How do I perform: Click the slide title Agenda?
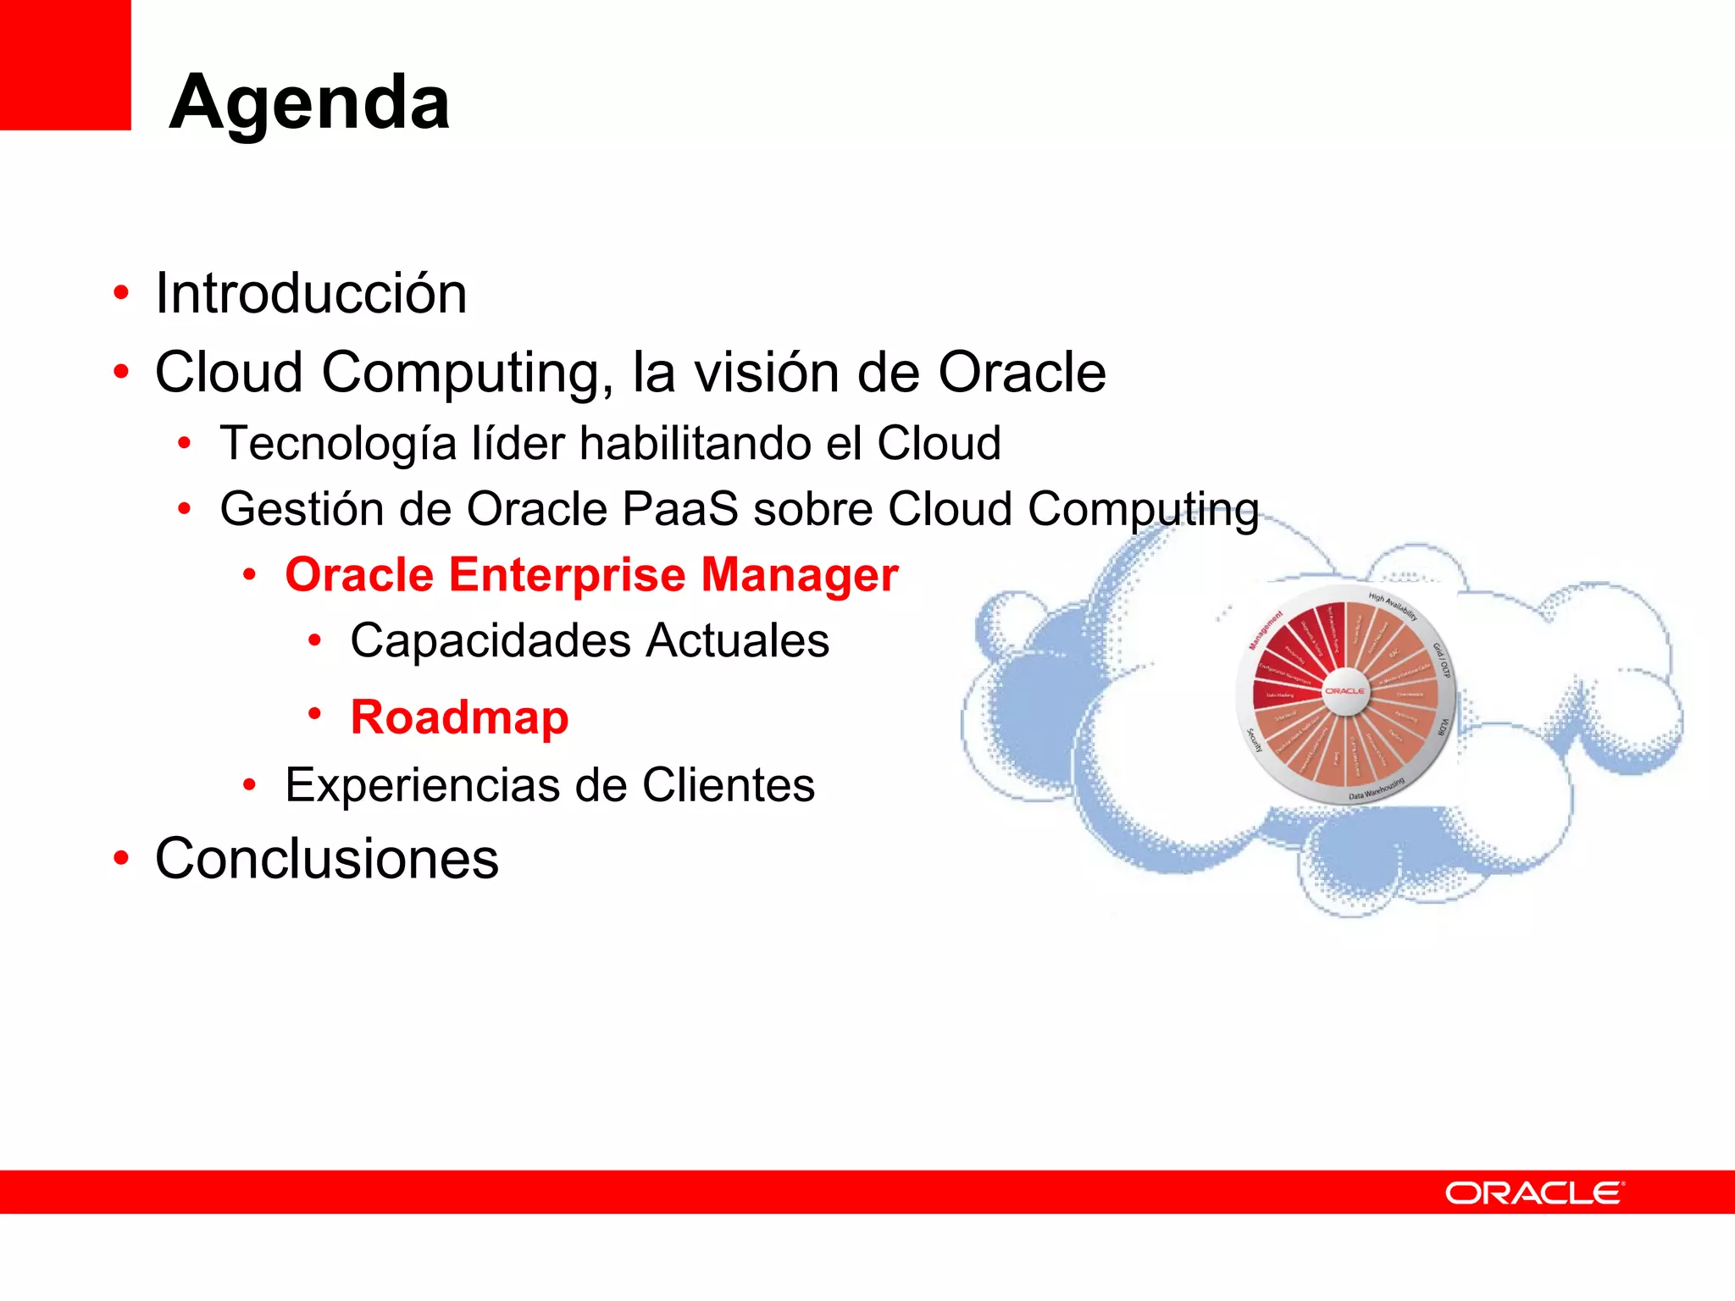[x=309, y=102]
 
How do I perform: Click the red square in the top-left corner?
[x=64, y=64]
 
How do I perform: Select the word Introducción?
[x=311, y=294]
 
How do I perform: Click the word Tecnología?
[x=337, y=444]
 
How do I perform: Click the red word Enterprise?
[x=567, y=575]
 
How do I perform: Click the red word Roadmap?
[x=459, y=717]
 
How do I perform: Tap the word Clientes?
[x=728, y=785]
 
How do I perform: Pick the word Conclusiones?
[x=327, y=859]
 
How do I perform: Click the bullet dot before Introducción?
[x=121, y=293]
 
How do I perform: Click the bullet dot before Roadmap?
[x=314, y=714]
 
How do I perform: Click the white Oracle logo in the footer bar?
[x=1534, y=1193]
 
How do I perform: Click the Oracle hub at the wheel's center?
[x=1344, y=691]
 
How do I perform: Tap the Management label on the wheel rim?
[x=1266, y=630]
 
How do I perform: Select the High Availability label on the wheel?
[x=1393, y=605]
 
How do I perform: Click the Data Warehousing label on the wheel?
[x=1377, y=789]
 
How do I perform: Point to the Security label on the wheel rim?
[x=1255, y=740]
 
